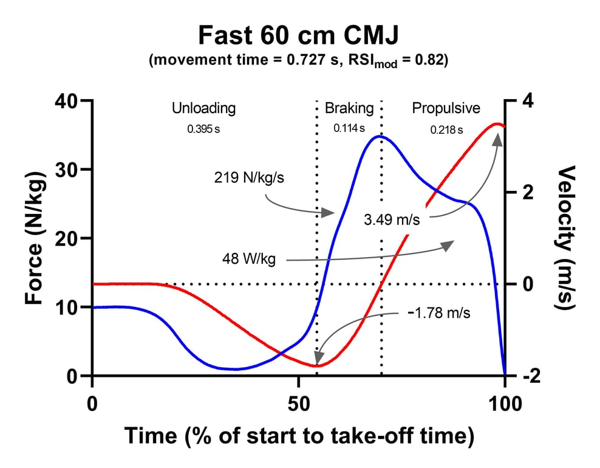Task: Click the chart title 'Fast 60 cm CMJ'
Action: point(298,36)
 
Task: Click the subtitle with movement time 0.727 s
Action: point(298,61)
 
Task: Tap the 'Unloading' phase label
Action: point(203,109)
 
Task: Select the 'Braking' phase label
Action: point(349,109)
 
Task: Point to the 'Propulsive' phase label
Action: point(446,109)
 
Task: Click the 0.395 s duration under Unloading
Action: point(203,129)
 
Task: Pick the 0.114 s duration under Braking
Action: point(349,129)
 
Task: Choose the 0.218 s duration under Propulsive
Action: point(446,129)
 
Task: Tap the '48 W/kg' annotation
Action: point(250,260)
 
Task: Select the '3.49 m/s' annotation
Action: point(392,219)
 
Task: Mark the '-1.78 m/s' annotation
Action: point(439,314)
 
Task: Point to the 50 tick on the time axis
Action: point(298,404)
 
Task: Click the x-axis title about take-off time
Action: point(298,436)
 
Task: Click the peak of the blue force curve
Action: point(379,136)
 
